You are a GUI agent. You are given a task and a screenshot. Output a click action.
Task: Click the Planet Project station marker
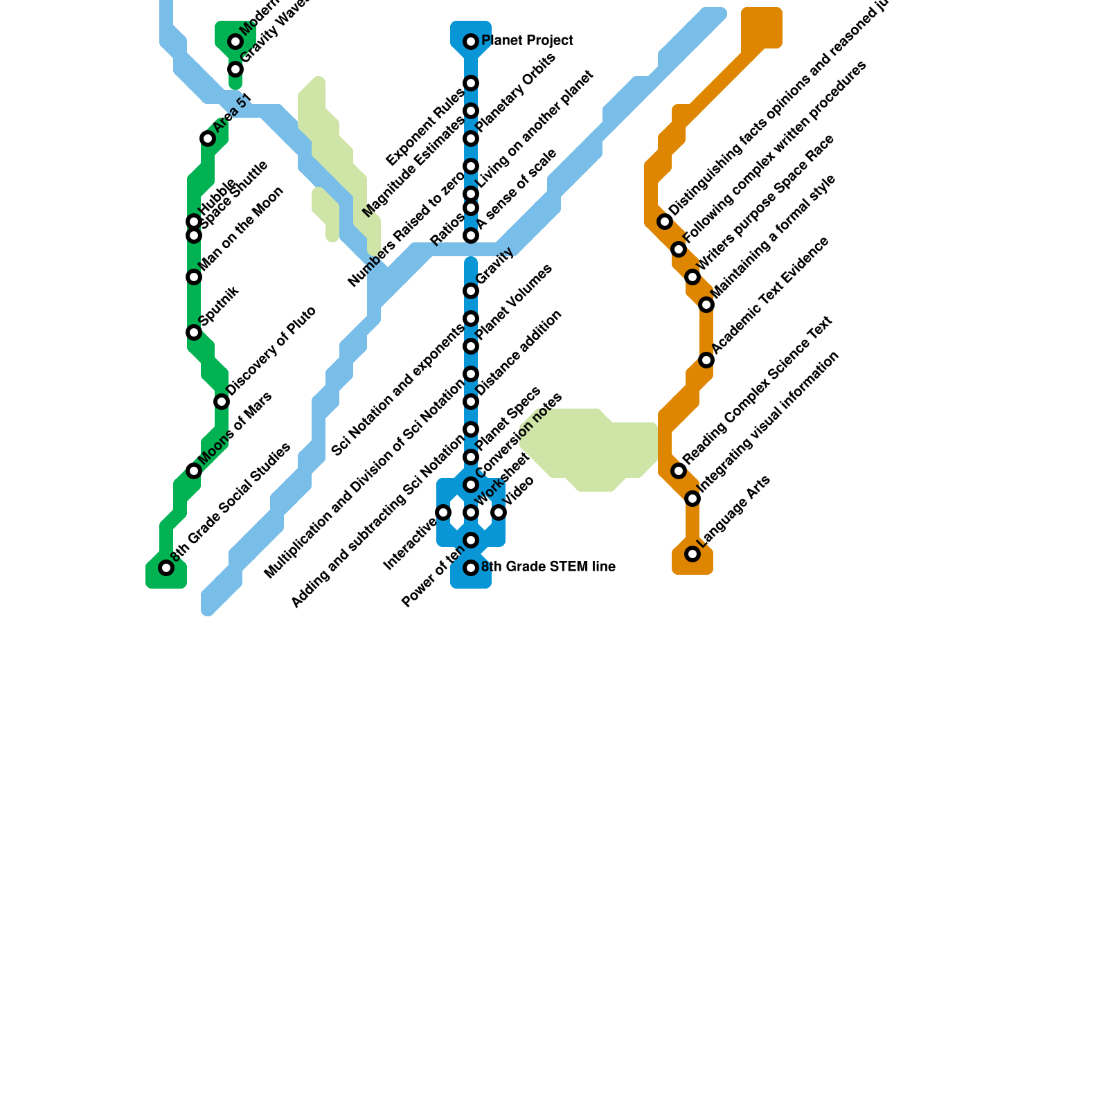coord(471,42)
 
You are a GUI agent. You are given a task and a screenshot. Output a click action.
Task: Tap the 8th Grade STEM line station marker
coord(471,568)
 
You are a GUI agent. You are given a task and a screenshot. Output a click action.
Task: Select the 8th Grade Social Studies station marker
coord(166,568)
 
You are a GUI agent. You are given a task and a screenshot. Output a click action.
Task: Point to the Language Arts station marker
coord(692,554)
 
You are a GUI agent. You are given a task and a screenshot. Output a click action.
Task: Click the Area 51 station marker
coord(208,138)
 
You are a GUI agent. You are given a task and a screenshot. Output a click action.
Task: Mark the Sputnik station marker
coord(194,332)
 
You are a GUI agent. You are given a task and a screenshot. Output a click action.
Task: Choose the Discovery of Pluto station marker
coord(222,402)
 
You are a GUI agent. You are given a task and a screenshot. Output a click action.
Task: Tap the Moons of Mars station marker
coord(194,471)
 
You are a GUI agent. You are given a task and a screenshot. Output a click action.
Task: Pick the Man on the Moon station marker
coord(194,277)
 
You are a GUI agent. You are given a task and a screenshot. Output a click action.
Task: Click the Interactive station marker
coord(443,512)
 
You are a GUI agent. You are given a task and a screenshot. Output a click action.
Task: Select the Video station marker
coord(499,512)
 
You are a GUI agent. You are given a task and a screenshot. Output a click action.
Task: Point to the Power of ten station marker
coord(471,540)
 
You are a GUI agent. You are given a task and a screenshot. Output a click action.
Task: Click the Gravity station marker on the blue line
coord(471,291)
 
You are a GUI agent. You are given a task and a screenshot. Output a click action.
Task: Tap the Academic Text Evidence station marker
coord(706,360)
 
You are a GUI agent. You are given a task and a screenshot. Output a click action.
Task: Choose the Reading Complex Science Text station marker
coord(679,471)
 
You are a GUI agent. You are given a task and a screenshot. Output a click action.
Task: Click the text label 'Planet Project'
coord(527,41)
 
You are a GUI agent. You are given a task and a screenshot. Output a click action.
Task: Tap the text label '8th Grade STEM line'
coord(548,567)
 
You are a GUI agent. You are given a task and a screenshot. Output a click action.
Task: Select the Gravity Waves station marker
coord(235,69)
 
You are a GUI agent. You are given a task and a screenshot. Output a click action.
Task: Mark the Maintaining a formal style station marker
coord(706,305)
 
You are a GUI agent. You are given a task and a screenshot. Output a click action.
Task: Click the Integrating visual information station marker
coord(692,499)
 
